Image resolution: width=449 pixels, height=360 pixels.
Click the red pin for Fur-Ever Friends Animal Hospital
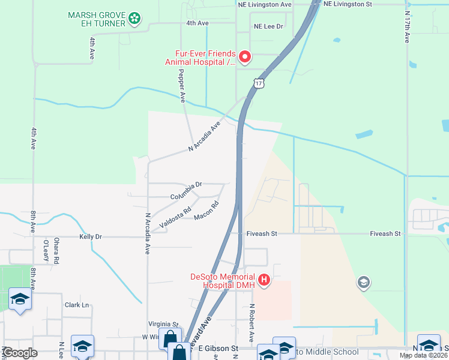pyautogui.click(x=245, y=57)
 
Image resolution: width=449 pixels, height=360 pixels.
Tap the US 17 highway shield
pyautogui.click(x=258, y=83)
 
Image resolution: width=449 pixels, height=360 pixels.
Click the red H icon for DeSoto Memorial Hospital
pyautogui.click(x=263, y=280)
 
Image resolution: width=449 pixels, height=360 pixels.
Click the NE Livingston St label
pyautogui.click(x=348, y=4)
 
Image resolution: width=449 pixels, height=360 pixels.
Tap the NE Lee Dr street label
pyautogui.click(x=268, y=26)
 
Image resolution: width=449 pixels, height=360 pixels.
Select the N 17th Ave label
pyautogui.click(x=407, y=28)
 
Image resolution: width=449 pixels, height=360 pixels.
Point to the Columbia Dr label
pyautogui.click(x=187, y=191)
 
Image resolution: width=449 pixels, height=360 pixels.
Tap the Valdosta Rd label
pyautogui.click(x=175, y=217)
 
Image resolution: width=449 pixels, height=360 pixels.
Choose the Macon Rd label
pyautogui.click(x=206, y=211)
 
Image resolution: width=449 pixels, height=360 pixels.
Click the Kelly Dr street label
pyautogui.click(x=91, y=237)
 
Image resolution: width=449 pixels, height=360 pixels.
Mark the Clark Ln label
pyautogui.click(x=77, y=305)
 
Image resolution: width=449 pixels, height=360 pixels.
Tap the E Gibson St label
pyautogui.click(x=218, y=348)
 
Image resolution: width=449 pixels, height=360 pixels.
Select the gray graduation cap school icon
pyautogui.click(x=363, y=281)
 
